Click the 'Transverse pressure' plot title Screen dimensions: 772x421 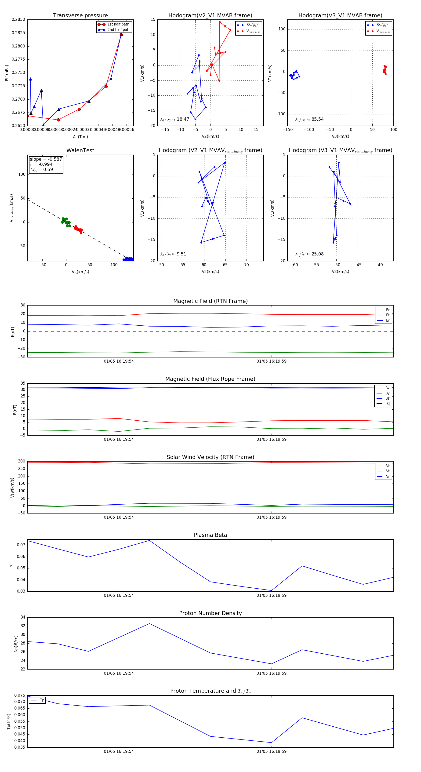(x=80, y=16)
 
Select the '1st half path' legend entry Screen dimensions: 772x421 (x=118, y=24)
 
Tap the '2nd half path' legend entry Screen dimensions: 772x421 (x=119, y=30)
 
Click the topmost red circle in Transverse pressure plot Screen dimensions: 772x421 (x=121, y=35)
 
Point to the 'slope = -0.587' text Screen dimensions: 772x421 (x=46, y=159)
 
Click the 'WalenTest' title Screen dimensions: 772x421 (x=80, y=150)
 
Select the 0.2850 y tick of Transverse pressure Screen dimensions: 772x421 (x=18, y=19)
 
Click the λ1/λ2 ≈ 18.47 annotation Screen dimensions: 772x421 (x=175, y=119)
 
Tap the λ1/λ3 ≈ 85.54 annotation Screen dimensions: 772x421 (x=309, y=119)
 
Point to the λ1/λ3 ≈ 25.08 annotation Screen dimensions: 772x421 (x=309, y=254)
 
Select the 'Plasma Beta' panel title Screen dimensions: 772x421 (x=210, y=535)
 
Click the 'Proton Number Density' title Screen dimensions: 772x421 (x=210, y=613)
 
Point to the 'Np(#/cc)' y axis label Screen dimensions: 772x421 (x=16, y=644)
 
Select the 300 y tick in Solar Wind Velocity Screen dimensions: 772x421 (x=22, y=461)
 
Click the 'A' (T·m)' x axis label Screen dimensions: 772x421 (x=80, y=137)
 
